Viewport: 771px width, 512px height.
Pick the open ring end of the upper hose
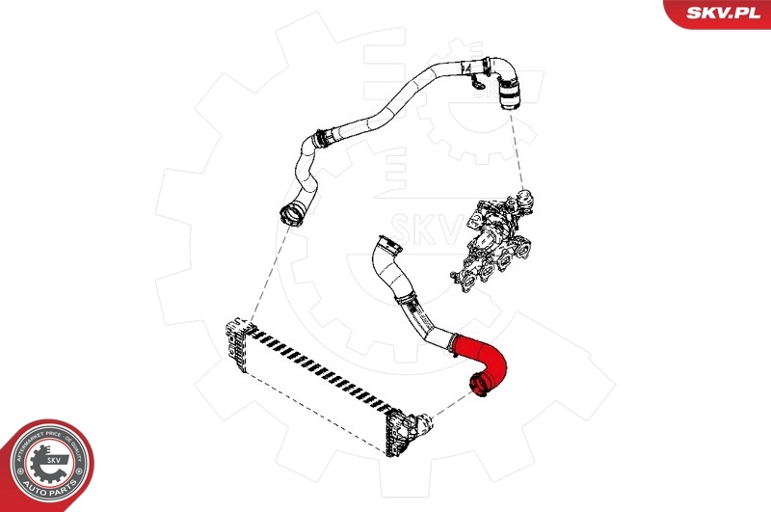coord(288,212)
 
